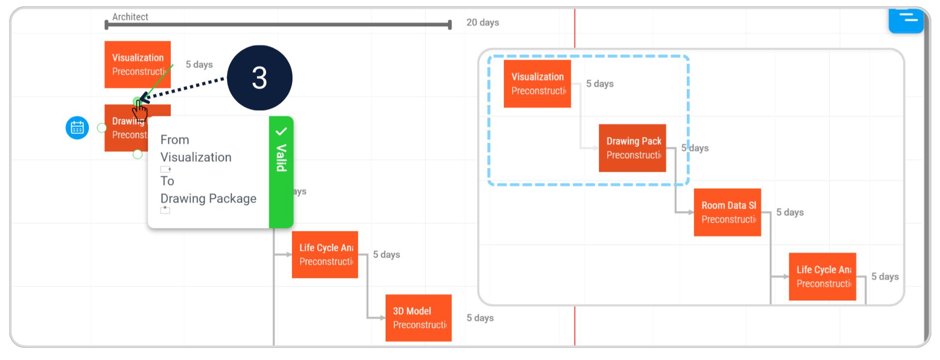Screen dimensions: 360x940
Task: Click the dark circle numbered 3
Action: coord(259,78)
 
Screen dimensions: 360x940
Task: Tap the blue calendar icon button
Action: coord(77,128)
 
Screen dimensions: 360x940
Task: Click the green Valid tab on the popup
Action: coord(281,172)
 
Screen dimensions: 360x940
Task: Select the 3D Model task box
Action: coord(418,318)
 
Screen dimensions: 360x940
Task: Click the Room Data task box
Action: coord(727,212)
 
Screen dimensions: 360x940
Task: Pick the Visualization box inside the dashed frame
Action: coord(537,83)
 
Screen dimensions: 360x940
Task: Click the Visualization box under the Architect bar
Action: coord(137,64)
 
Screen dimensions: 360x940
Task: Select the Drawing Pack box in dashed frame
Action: coord(632,148)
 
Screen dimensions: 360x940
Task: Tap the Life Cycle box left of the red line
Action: coord(324,254)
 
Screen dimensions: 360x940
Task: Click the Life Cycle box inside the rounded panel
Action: coord(822,277)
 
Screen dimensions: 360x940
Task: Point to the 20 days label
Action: coord(483,22)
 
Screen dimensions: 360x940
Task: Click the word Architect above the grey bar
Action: coord(130,17)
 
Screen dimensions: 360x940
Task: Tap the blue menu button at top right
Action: coord(906,20)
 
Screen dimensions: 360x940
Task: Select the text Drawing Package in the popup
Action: coord(208,198)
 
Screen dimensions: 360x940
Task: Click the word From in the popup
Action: coord(175,140)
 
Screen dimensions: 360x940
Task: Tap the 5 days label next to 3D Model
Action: coord(480,318)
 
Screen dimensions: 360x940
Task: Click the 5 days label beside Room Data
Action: coord(790,212)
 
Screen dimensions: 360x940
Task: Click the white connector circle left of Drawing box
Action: coord(102,128)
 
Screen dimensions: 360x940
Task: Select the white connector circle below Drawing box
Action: coord(138,154)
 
